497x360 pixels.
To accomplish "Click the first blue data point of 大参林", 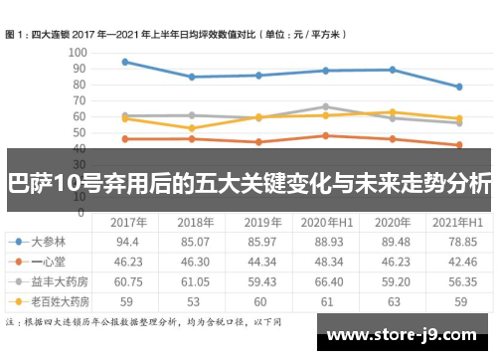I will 125,62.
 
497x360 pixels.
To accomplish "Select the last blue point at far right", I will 459,87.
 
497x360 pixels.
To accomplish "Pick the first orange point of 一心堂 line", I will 125,138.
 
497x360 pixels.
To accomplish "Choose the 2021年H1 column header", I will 459,221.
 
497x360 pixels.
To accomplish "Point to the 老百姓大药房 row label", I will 58,299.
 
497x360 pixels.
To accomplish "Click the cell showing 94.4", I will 127,242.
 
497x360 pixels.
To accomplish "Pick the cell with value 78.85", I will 459,242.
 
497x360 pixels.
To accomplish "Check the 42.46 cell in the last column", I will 459,261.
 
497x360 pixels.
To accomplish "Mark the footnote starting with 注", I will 144,322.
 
